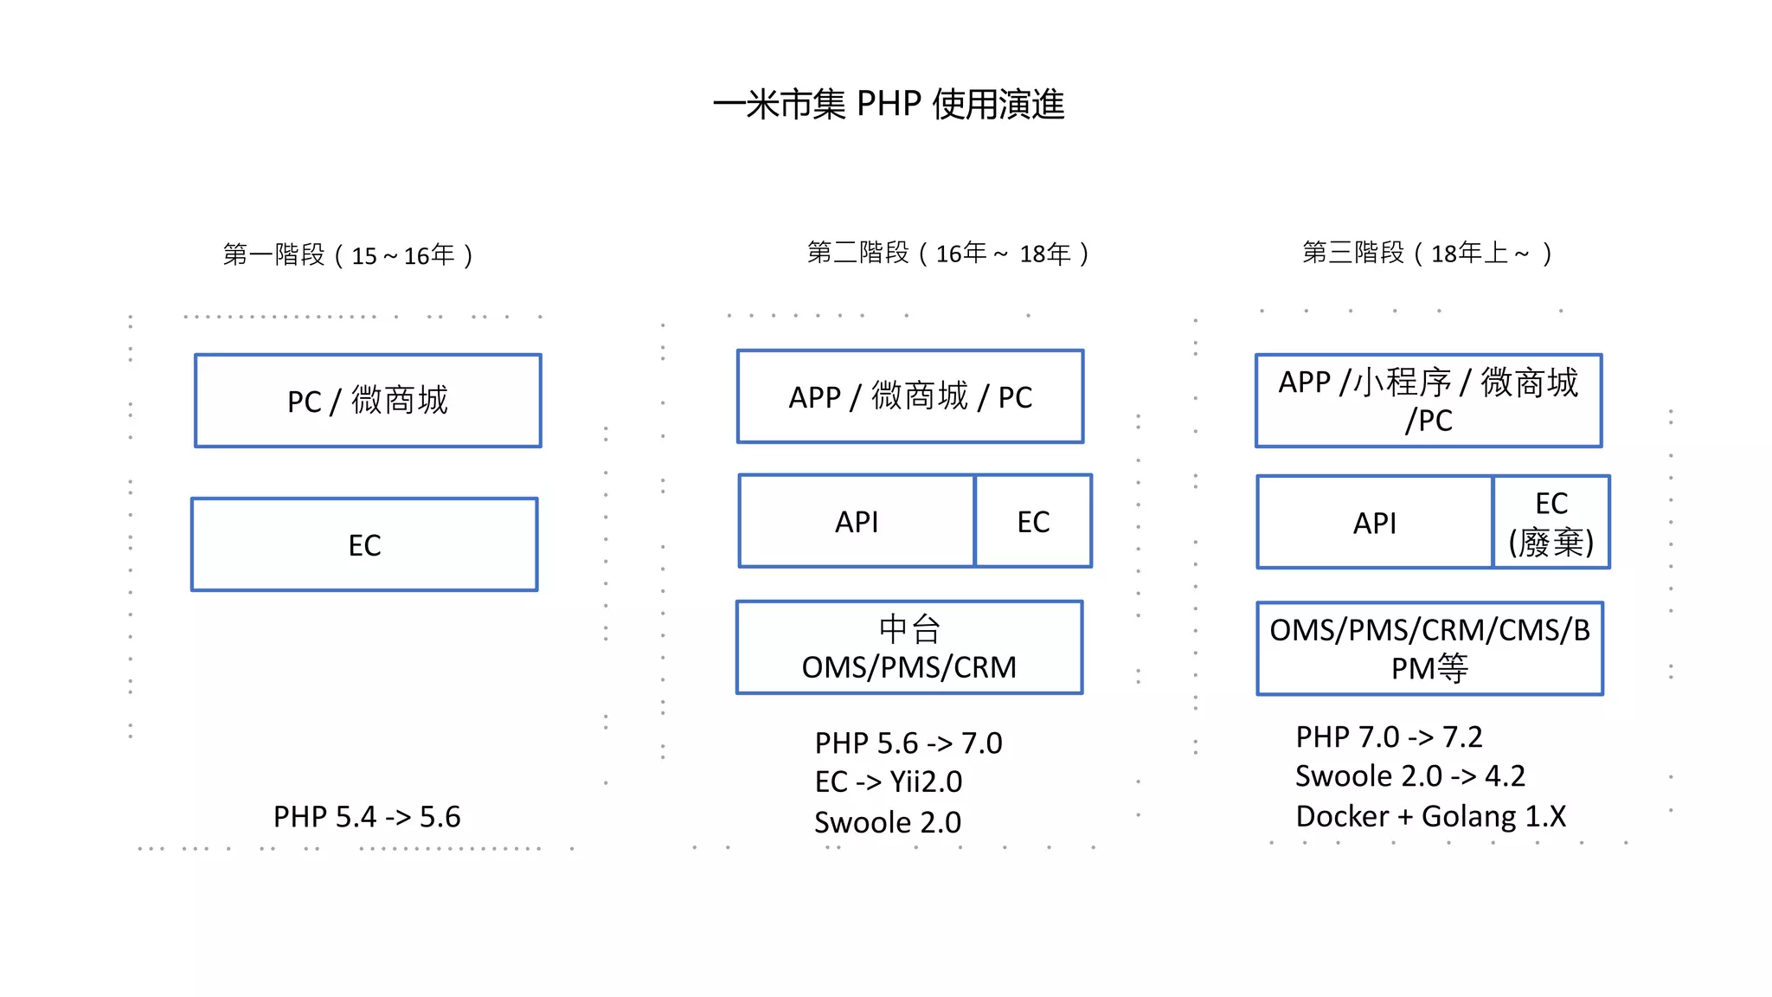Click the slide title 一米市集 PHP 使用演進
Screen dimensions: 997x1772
888,104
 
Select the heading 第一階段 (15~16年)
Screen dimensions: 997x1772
348,255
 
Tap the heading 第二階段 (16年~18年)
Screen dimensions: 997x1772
947,254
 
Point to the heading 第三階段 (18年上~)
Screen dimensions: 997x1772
1427,254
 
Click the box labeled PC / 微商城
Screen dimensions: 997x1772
368,401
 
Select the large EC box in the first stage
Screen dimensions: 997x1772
364,545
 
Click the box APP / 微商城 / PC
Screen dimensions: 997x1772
910,397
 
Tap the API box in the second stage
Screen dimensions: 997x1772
857,522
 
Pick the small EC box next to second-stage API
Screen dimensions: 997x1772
1033,522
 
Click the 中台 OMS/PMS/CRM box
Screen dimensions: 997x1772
909,648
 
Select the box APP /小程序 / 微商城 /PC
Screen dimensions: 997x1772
1429,401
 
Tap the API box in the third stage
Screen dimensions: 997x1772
1374,523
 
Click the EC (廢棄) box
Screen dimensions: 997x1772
1551,523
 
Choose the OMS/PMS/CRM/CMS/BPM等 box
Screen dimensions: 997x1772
1429,649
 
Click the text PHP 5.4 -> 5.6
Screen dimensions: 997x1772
367,817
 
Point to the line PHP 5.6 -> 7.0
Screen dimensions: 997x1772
908,743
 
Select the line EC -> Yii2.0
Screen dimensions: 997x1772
888,782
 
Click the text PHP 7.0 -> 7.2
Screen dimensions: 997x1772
1389,737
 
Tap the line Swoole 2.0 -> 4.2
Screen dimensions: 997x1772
1409,776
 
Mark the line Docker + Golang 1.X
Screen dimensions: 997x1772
1430,816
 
